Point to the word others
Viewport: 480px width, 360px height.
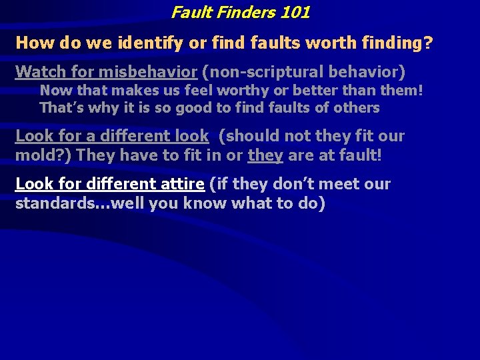359,107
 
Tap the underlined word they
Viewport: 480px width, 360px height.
265,156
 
